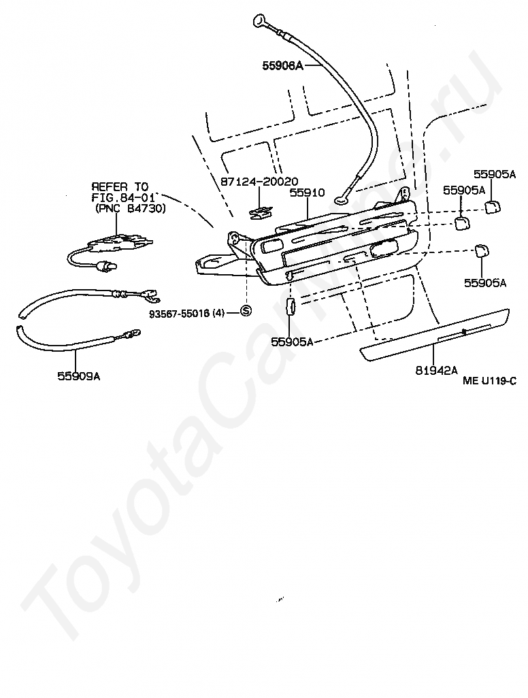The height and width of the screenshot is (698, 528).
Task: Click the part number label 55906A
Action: pos(282,66)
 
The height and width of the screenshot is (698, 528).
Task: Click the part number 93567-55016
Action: pos(180,313)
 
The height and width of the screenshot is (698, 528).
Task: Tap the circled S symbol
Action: pos(246,312)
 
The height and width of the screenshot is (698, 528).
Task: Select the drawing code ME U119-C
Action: pos(489,382)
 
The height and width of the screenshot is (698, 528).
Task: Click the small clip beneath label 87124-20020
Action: pos(259,213)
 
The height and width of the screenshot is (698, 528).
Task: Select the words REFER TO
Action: pos(120,187)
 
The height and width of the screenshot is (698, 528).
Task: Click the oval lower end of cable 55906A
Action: pos(341,199)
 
